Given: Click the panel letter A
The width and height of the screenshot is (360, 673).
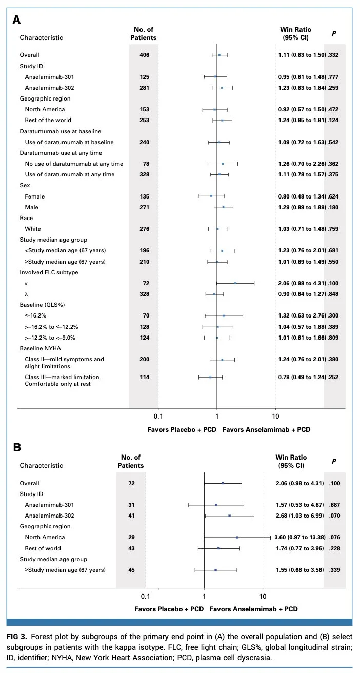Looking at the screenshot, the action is (x=16, y=20).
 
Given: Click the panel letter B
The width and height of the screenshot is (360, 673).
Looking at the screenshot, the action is (x=17, y=447).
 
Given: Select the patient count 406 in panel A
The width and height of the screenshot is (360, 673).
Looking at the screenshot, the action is (x=145, y=55).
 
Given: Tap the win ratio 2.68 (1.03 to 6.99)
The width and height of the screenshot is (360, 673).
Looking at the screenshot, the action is (x=299, y=516).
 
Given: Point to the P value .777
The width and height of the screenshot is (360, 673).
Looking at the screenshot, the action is (x=333, y=77).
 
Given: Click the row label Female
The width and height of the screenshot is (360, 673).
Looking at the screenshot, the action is (x=34, y=196).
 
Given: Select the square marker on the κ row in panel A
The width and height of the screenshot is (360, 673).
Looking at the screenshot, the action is (x=235, y=283).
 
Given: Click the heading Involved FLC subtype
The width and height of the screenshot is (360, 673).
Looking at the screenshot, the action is (x=49, y=272).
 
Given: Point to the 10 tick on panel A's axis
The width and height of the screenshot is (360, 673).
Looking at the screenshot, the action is (x=275, y=417).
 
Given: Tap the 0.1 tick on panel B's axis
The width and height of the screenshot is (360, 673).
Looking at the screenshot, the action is (x=145, y=596).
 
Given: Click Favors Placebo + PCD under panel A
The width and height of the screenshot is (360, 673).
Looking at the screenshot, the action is (x=182, y=430).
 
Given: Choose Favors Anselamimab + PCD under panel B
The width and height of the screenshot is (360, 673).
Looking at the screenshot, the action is (x=253, y=609).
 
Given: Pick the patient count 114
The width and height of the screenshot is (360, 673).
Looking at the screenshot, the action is (x=145, y=377).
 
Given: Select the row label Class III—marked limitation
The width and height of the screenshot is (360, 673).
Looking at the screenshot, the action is (x=62, y=377).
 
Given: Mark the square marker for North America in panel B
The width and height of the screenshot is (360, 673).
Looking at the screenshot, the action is (x=237, y=537).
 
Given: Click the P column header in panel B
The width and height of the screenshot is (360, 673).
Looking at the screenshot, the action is (x=334, y=461).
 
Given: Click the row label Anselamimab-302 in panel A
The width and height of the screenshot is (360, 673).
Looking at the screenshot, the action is (x=49, y=88).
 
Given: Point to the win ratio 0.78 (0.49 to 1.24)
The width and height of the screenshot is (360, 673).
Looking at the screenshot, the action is (x=302, y=377).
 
